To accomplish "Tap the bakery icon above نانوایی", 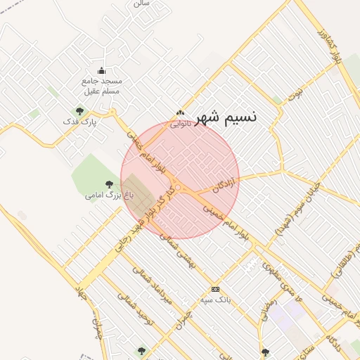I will [x=181, y=112].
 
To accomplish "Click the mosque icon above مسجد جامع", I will [x=101, y=70].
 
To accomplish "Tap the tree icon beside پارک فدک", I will [x=79, y=110].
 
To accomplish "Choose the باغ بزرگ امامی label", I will [x=105, y=194].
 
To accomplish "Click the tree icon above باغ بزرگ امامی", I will [x=108, y=184].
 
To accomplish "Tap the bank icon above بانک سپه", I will [x=215, y=289].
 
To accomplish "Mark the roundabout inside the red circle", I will [x=177, y=187].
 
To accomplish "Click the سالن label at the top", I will [x=141, y=4].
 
